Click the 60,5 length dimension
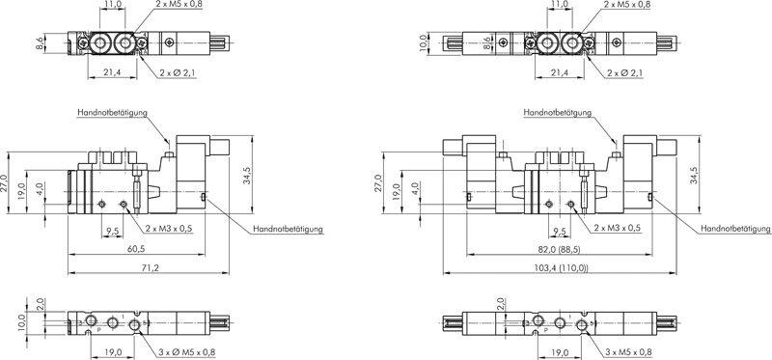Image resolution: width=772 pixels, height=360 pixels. pos(135,249)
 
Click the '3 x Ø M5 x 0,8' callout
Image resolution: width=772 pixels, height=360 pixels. pos(186,352)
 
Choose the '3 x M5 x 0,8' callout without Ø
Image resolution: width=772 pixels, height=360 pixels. pos(628,352)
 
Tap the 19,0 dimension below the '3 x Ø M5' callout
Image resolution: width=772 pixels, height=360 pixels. pos(113,352)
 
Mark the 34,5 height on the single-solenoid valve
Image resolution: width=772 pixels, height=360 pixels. pos(247,176)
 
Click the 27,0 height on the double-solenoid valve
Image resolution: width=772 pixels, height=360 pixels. pos(377,183)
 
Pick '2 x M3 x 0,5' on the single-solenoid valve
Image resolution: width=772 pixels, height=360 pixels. pos(168,229)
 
